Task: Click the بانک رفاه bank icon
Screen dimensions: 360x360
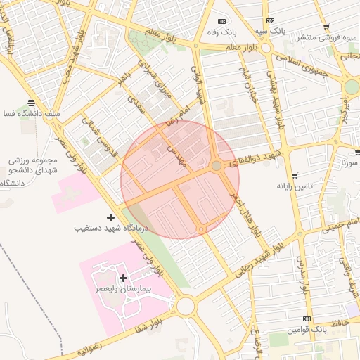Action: (222, 21)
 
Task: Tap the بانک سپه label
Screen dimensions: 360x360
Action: (270, 31)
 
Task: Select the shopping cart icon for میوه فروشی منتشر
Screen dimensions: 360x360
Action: (326, 27)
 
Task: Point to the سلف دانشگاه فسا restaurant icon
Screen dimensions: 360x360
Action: (30, 103)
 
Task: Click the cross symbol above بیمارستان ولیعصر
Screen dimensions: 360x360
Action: (124, 278)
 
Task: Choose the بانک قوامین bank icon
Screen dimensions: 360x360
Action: (306, 319)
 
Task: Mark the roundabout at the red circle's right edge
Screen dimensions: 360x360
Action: (217, 165)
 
